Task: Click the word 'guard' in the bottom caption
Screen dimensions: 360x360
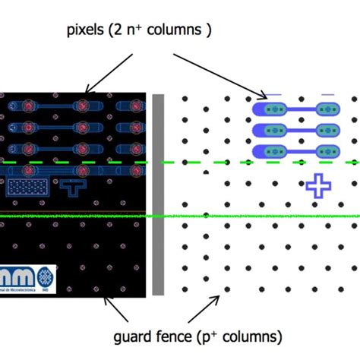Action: click(x=134, y=336)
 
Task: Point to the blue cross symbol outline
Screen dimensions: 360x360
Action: click(x=318, y=185)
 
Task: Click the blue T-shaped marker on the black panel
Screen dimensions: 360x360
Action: click(x=74, y=185)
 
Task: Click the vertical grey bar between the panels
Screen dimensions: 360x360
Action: click(x=158, y=194)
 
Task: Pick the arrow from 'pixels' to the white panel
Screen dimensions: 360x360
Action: click(x=219, y=73)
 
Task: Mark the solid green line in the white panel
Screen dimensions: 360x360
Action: click(x=258, y=216)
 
